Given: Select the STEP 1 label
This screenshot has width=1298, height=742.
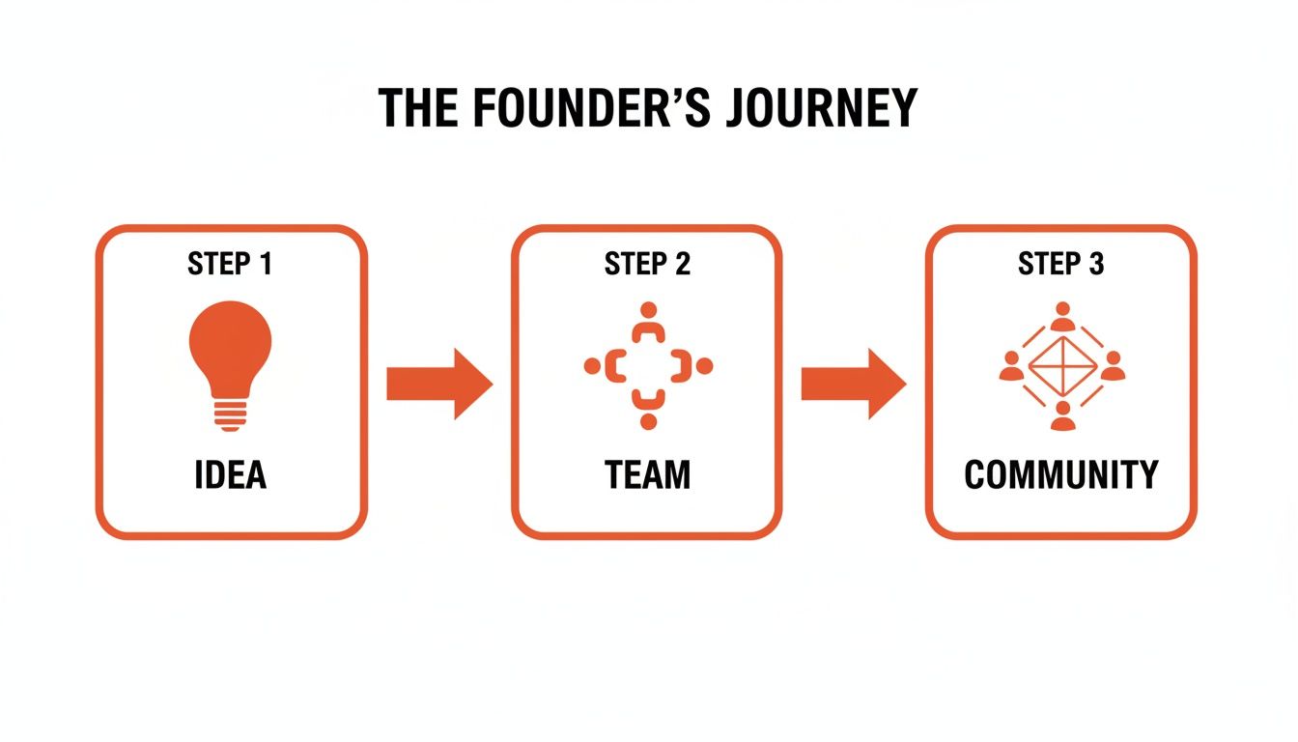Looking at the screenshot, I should point(230,264).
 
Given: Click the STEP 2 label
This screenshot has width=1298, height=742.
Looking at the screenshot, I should point(647,264).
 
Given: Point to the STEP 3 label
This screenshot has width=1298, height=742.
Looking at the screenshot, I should point(1060,264).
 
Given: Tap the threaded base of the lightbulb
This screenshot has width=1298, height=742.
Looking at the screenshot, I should point(230,415).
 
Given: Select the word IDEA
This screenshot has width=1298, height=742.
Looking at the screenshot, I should point(230,475).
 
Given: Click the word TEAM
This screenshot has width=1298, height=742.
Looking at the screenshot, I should point(647,475).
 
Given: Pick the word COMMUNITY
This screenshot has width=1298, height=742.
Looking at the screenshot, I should point(1060,475).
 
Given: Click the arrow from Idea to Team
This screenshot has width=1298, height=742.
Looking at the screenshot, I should point(439,384).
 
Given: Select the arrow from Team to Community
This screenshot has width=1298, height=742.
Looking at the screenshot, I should point(854,384).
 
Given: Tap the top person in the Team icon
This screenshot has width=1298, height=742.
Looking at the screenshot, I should point(648,322).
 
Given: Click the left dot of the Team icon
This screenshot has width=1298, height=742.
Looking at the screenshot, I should point(592,366).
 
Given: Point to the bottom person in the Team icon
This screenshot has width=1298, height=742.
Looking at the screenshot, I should point(648,411).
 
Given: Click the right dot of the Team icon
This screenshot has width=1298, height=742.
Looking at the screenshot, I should point(704,366).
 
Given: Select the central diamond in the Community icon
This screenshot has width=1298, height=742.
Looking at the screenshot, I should point(1061,368).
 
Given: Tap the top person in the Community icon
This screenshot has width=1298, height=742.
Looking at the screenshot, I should point(1062,315).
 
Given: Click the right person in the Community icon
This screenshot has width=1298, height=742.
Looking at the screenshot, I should point(1113,366).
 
